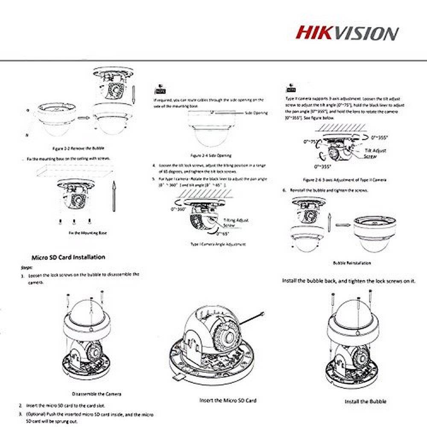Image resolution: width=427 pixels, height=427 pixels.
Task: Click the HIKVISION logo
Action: [348, 33]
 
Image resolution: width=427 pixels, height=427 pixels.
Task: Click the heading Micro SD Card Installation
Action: [68, 257]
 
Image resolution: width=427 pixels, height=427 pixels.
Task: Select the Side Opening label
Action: [256, 113]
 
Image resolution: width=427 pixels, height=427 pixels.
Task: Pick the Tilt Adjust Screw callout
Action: [375, 153]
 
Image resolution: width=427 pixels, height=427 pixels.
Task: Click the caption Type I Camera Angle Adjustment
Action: [218, 244]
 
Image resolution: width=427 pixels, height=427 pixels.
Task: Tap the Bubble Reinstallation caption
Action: [352, 263]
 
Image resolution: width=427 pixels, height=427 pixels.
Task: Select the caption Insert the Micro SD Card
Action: [228, 401]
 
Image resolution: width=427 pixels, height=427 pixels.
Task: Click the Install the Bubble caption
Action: [366, 401]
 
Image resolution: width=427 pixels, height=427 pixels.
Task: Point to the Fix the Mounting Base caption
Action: [88, 233]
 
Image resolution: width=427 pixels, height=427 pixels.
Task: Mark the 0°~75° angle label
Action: [311, 141]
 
